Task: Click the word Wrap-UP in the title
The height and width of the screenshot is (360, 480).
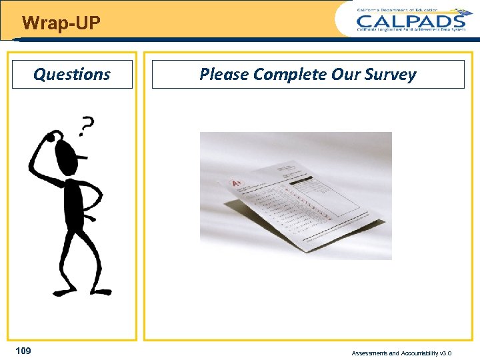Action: (x=61, y=24)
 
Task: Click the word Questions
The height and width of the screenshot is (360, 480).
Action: (x=72, y=74)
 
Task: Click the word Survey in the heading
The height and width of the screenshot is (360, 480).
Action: (x=391, y=74)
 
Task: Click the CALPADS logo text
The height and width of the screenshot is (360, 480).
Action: (x=410, y=21)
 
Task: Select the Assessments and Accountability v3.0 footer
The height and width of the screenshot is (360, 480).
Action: (x=401, y=353)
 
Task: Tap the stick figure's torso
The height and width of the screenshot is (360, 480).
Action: (x=72, y=203)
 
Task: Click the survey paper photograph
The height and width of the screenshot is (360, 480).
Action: (x=295, y=195)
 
